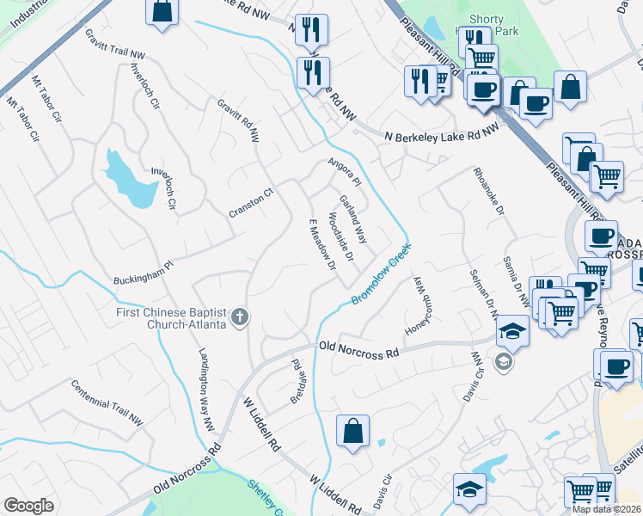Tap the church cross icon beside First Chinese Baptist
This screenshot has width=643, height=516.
(x=240, y=318)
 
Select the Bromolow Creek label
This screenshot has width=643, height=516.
(x=381, y=274)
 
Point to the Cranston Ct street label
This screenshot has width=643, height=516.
(x=250, y=202)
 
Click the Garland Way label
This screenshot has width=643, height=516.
(x=353, y=219)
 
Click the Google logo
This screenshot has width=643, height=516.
(x=28, y=506)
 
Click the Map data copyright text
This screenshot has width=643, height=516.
(x=607, y=509)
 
